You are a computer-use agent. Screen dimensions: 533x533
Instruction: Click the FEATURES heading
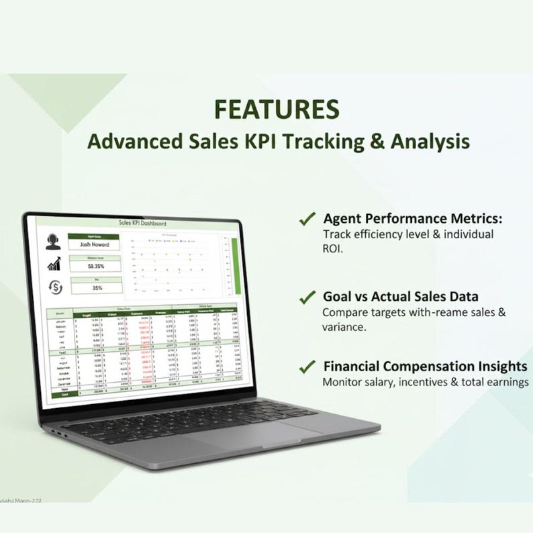[x=277, y=109]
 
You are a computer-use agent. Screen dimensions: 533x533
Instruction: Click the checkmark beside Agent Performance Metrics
[x=307, y=219]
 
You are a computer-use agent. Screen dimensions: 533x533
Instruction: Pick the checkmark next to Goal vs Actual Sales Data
[x=307, y=297]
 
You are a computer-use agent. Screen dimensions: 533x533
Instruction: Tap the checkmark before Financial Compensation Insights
[x=307, y=367]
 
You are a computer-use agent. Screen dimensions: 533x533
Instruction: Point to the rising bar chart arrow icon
[x=54, y=264]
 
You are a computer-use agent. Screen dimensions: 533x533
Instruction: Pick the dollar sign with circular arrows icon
[x=54, y=287]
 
